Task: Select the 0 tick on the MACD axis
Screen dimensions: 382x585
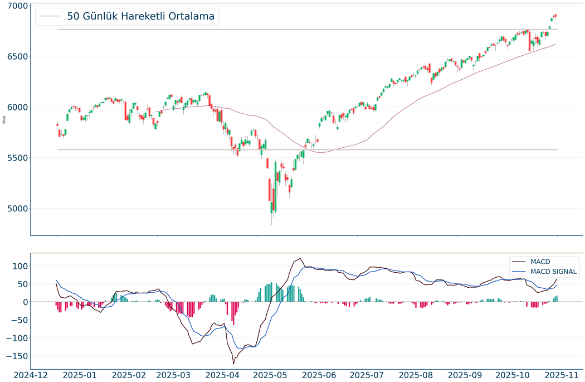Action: (x=25, y=302)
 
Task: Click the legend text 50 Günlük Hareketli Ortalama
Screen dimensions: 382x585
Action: (x=140, y=16)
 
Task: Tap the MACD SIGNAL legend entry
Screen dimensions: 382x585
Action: (x=554, y=272)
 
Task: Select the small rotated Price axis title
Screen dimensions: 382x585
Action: (x=4, y=119)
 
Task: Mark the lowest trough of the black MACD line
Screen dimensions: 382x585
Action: (x=233, y=364)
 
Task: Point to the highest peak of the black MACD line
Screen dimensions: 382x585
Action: (x=301, y=258)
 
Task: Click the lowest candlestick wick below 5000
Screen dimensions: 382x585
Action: (x=272, y=224)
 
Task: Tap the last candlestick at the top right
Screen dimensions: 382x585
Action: (x=555, y=16)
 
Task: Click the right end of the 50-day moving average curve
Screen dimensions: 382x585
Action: (x=555, y=43)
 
